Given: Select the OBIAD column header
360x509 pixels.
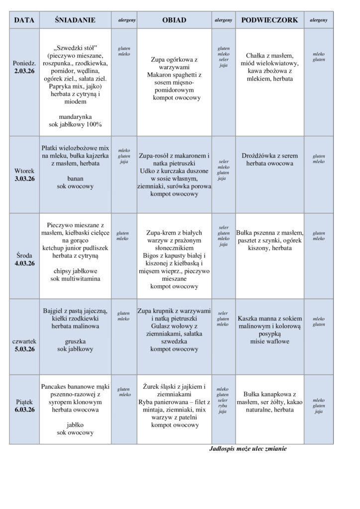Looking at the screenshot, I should tap(174, 20).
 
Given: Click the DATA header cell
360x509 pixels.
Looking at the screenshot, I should tap(24, 20).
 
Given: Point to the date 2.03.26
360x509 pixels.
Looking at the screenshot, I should tap(24, 72).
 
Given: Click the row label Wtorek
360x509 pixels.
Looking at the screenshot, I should tap(24, 170).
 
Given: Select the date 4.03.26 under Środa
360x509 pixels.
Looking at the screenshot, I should tap(24, 263).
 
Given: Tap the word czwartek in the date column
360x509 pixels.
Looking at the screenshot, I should tap(24, 341).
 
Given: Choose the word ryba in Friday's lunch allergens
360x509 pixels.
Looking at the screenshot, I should tap(223, 406).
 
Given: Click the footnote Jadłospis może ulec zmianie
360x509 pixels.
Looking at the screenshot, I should tap(248, 448).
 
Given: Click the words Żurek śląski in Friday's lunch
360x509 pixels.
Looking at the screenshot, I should tap(158, 386).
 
